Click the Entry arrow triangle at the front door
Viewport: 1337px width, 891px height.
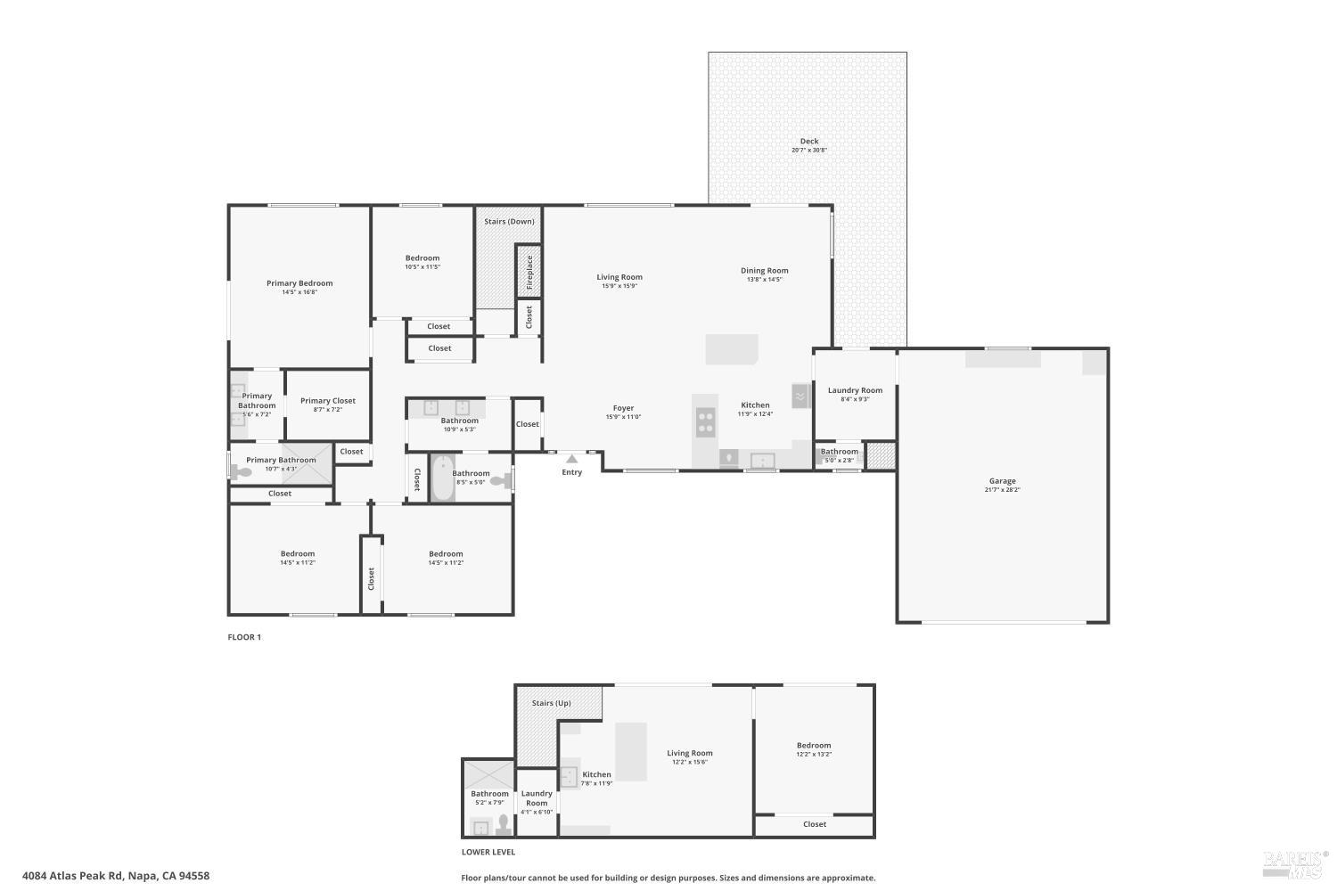click(x=571, y=459)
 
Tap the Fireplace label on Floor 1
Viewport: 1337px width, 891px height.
click(x=529, y=271)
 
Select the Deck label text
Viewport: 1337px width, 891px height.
click(x=808, y=141)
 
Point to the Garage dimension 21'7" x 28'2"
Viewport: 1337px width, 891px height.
click(x=1002, y=490)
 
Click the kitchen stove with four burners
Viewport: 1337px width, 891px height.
click(x=705, y=421)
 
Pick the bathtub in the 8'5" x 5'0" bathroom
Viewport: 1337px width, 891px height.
click(x=443, y=479)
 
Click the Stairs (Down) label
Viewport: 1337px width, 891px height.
click(x=509, y=221)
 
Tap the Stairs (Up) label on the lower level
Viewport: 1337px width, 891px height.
click(x=551, y=703)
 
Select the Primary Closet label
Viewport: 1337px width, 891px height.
click(x=327, y=401)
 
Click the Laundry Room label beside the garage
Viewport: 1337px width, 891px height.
click(x=855, y=390)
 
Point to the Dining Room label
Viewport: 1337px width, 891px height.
click(x=764, y=271)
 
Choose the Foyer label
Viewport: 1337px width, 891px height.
click(x=623, y=408)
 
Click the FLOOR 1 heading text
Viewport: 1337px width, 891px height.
click(x=244, y=637)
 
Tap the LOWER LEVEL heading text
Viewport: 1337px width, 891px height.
click(x=488, y=852)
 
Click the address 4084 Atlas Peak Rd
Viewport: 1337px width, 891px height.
click(x=116, y=876)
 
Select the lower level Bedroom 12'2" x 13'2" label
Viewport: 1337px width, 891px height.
click(x=813, y=746)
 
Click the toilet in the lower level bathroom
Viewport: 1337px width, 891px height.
click(x=504, y=823)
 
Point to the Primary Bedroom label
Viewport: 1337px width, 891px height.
click(x=299, y=283)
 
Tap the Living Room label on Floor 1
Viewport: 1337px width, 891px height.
click(x=619, y=277)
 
